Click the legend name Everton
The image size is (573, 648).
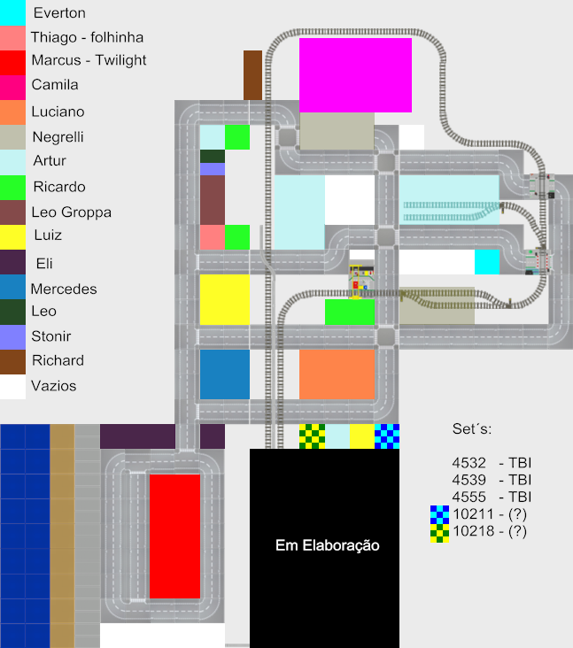(59, 13)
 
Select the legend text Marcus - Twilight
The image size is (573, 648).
(89, 60)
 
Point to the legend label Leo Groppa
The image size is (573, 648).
(71, 212)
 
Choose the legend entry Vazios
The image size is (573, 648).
(53, 386)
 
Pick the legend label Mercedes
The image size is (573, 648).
(64, 289)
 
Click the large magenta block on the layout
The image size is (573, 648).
(355, 75)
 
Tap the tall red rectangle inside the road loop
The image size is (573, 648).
(174, 536)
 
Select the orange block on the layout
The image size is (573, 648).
(337, 374)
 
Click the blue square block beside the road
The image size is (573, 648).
(224, 374)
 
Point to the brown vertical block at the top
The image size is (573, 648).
(252, 75)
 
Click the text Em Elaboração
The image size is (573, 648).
(327, 546)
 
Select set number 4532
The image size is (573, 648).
(468, 463)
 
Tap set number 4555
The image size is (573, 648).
(468, 497)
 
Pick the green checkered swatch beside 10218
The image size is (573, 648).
(439, 533)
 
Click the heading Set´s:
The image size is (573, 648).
(471, 429)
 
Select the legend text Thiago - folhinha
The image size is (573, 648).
(87, 37)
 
